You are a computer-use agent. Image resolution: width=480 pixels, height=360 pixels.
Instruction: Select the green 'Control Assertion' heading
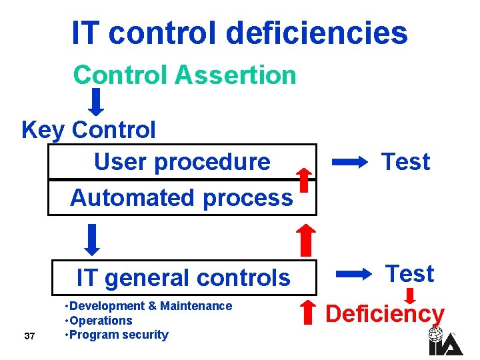coord(185,75)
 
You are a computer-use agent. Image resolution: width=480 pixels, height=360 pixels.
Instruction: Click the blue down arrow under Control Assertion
coord(97,102)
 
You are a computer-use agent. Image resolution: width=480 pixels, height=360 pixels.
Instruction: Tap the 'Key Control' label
coord(89,129)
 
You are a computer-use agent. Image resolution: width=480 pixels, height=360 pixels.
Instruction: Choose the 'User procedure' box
coord(182,161)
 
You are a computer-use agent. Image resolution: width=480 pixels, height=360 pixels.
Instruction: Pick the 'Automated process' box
coord(181,197)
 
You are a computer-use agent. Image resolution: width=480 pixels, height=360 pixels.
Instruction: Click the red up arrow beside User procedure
coord(304,180)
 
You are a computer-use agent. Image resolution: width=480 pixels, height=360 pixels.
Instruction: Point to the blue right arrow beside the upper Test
coord(350,161)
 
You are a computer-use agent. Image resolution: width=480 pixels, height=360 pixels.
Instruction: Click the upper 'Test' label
coord(405,161)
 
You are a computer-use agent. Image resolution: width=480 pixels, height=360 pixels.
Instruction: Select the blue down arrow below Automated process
coord(94,239)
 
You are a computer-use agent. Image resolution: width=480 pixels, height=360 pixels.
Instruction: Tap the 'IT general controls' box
coord(183,277)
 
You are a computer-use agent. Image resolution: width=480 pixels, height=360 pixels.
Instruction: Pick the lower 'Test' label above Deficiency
coord(409,273)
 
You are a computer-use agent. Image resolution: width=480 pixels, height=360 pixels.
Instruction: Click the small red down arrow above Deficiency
coord(411,295)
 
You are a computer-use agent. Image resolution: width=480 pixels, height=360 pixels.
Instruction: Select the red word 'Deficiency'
coord(385,313)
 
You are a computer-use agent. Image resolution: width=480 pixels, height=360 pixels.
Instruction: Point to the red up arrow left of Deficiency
coord(307,314)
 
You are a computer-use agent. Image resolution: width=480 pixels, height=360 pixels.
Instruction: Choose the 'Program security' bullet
coord(118,335)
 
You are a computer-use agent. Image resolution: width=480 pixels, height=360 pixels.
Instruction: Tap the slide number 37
coord(29,335)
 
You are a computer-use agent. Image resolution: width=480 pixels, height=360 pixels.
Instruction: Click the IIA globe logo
coord(437,340)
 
